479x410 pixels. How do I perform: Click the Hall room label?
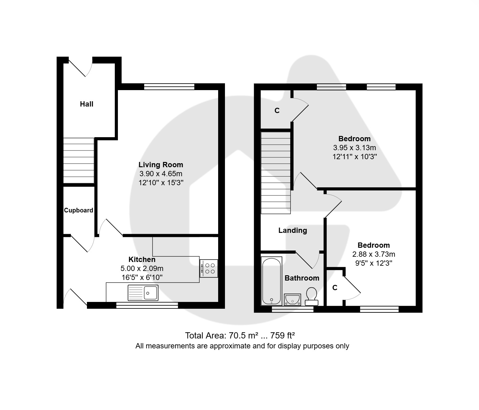point(87,104)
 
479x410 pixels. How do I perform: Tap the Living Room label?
point(161,165)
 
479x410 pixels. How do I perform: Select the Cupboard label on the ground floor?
point(79,210)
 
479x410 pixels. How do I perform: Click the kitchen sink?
point(143,293)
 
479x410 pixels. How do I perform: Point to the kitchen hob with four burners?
point(209,268)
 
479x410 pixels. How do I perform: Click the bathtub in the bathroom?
point(272,281)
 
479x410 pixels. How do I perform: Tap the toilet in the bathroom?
point(312,297)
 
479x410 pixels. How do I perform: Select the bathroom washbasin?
point(292,299)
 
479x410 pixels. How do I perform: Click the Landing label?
point(293,230)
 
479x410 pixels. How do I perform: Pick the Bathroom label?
point(302,278)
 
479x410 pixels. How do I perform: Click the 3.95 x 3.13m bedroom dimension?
point(355,147)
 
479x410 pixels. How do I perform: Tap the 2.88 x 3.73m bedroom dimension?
point(374,254)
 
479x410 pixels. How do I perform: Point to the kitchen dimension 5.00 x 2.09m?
point(142,268)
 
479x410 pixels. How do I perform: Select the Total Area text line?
point(240,335)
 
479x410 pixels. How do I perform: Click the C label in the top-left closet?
point(277,111)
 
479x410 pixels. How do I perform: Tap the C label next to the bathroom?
point(335,288)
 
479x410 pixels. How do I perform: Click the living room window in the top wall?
point(169,87)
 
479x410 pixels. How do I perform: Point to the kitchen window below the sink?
point(147,305)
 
